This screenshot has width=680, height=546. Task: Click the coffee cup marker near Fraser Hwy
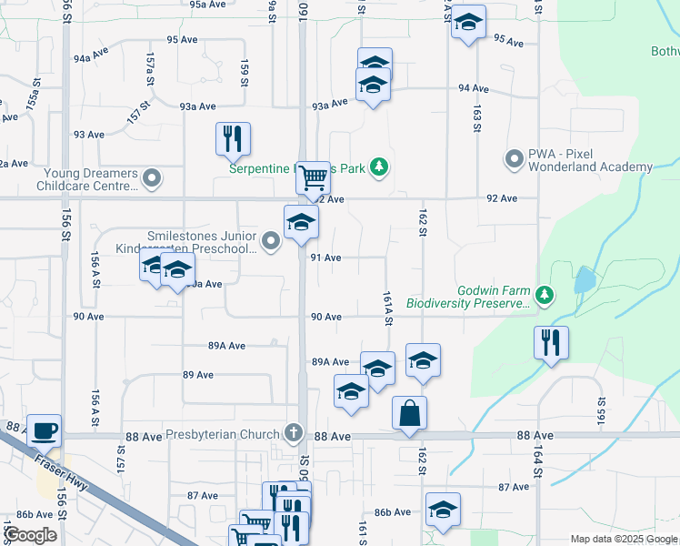(x=44, y=429)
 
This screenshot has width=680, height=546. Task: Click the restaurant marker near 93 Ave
(x=233, y=137)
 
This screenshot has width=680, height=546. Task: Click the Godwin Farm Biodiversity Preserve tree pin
(x=544, y=294)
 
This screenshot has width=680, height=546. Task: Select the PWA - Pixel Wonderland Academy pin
(x=514, y=159)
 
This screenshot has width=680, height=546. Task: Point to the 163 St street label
(x=475, y=118)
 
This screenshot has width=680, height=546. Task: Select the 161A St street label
(x=387, y=305)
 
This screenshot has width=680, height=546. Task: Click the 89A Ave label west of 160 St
(x=226, y=346)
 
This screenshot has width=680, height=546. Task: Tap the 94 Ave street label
(x=474, y=89)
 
